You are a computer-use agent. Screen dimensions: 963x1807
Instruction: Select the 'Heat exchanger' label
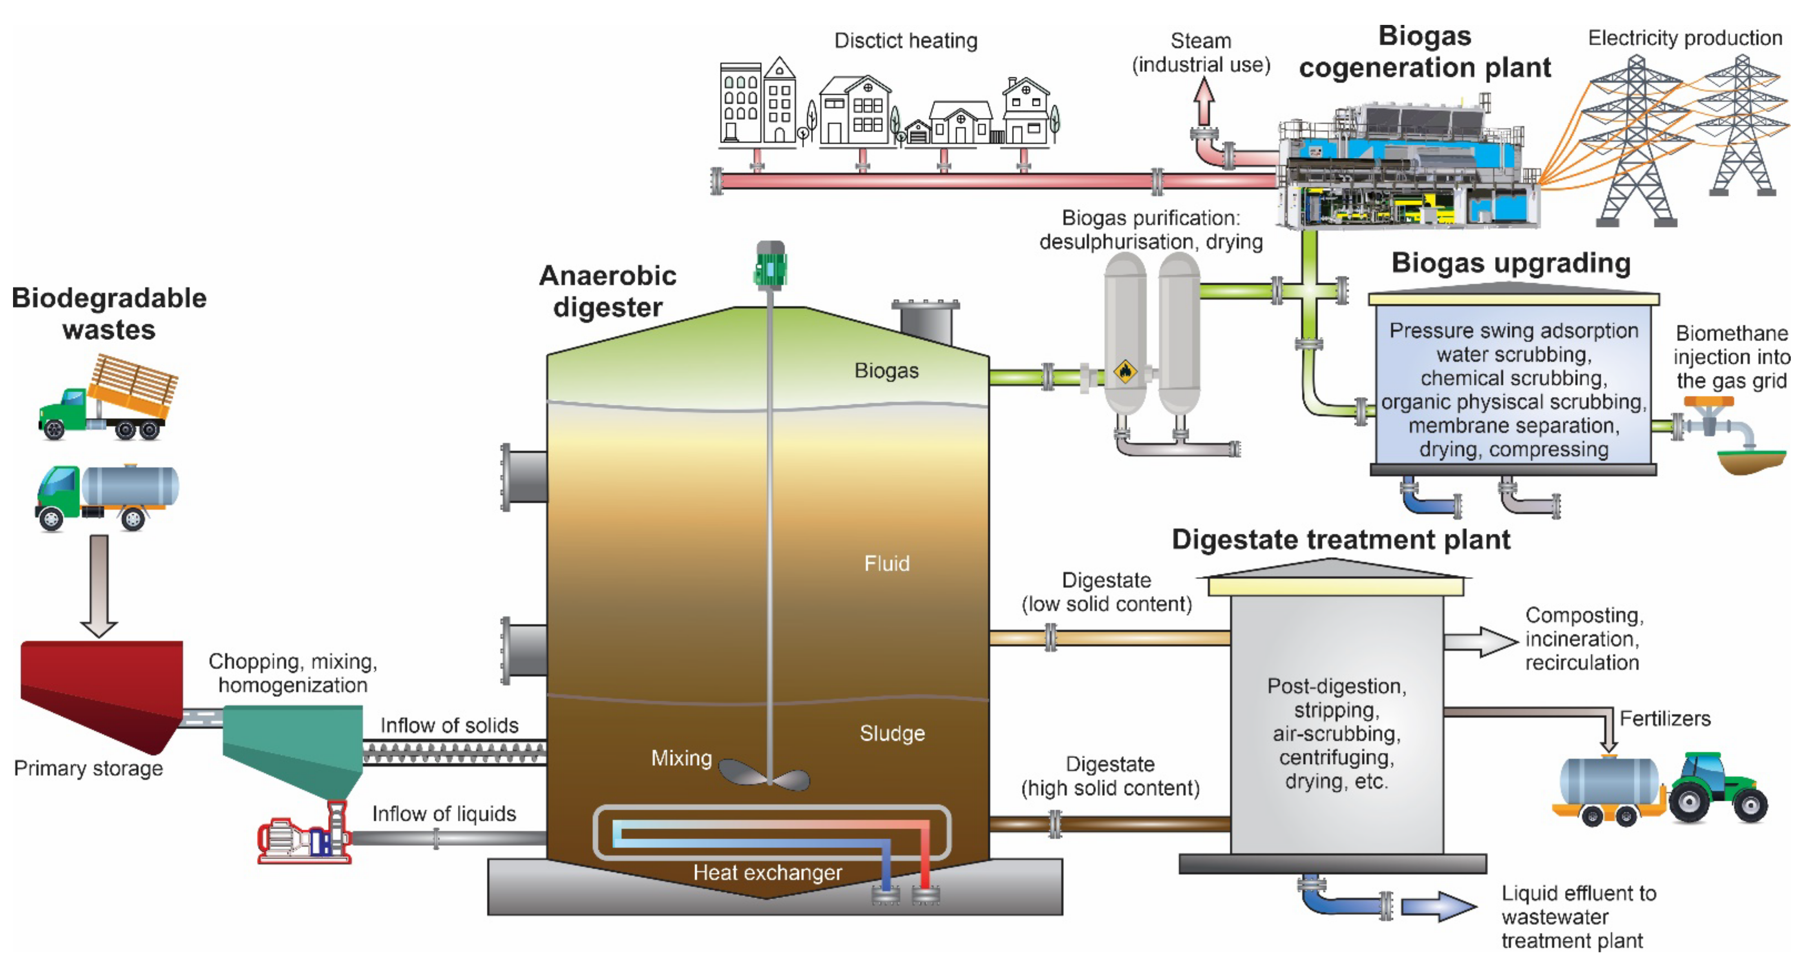(767, 872)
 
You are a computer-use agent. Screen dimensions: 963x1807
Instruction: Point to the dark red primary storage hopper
(102, 691)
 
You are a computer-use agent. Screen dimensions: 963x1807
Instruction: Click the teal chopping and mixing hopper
(295, 748)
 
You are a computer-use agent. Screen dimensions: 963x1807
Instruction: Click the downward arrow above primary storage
(99, 586)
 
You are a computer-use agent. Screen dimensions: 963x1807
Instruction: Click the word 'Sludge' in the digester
(892, 734)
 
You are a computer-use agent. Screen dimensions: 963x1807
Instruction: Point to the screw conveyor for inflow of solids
(455, 754)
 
